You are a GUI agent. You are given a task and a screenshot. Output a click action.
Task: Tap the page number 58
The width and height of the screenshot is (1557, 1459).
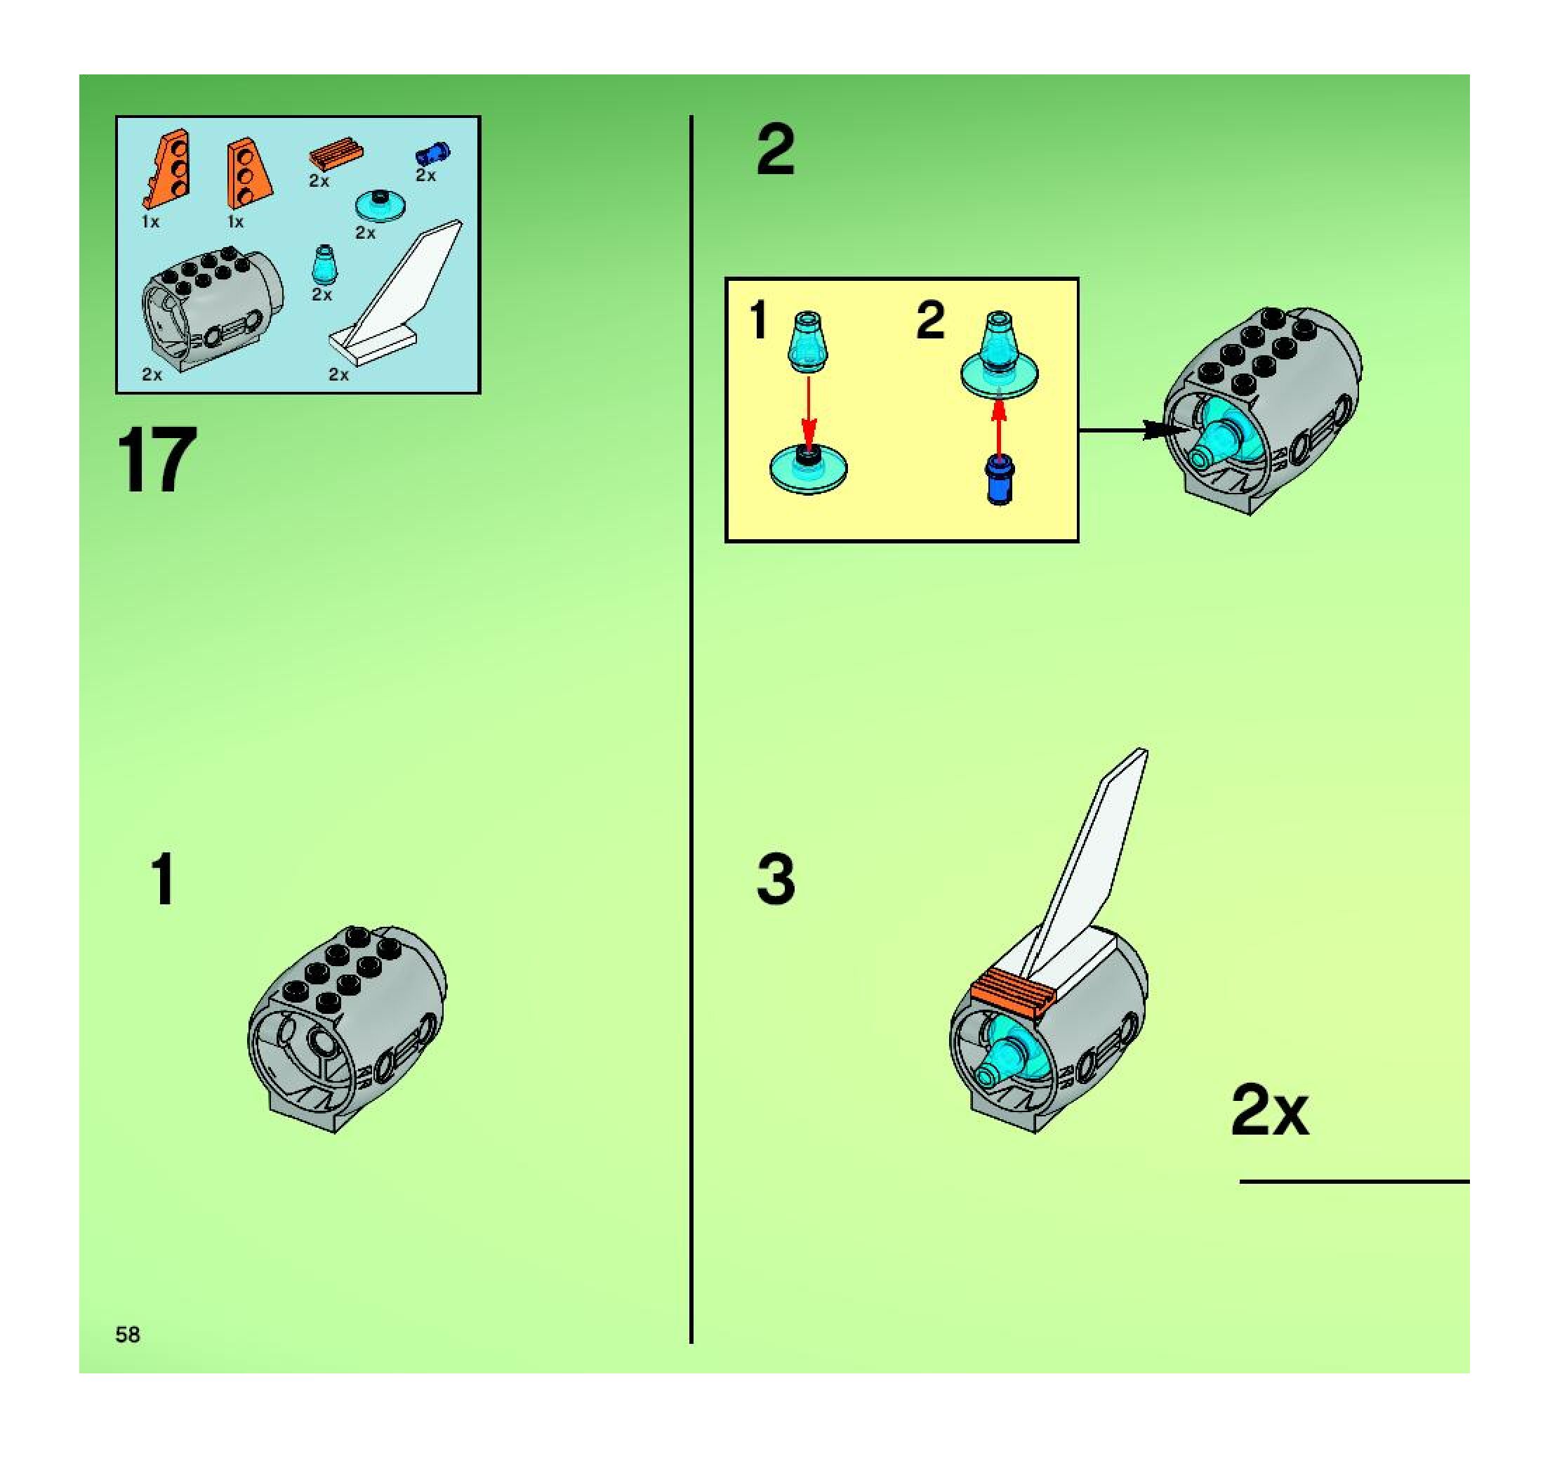(x=128, y=1335)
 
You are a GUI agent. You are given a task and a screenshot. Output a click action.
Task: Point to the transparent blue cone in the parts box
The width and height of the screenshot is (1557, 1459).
(x=323, y=265)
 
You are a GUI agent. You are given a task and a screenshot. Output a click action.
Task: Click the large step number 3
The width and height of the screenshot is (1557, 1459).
(x=776, y=878)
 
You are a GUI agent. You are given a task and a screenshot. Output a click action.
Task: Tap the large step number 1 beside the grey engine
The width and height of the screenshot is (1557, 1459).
(x=162, y=880)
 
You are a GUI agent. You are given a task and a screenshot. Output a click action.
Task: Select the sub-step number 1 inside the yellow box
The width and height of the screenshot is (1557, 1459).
(x=757, y=321)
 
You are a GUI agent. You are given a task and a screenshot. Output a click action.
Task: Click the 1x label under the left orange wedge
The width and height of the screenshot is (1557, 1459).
(x=150, y=222)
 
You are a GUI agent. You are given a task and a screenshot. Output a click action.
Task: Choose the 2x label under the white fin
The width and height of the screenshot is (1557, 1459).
(x=338, y=374)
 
